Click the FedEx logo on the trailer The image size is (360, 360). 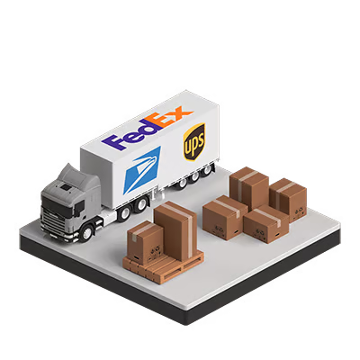point(144,130)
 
